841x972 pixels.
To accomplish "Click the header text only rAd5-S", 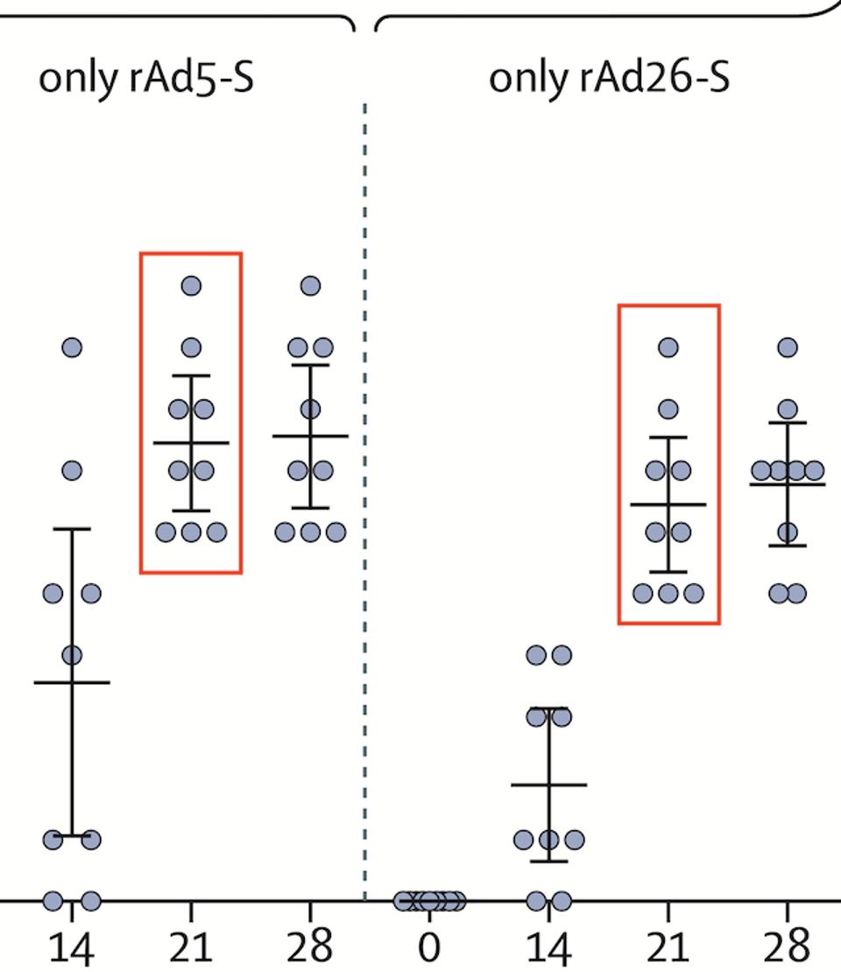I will pyautogui.click(x=146, y=78).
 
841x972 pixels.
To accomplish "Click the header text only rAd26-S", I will pyautogui.click(x=609, y=78).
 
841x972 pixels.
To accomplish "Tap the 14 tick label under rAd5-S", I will pyautogui.click(x=71, y=946).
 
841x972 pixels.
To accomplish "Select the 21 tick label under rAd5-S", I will pyautogui.click(x=190, y=946).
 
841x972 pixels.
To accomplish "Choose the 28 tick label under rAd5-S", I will pyautogui.click(x=310, y=946).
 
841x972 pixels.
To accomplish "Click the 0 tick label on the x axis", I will pyautogui.click(x=429, y=946).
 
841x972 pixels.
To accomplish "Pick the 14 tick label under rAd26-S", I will pyautogui.click(x=548, y=946).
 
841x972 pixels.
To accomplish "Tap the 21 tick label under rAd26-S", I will pyautogui.click(x=668, y=946).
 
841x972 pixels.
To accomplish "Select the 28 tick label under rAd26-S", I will pyautogui.click(x=788, y=946).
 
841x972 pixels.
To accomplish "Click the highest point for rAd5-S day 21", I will pyautogui.click(x=191, y=285).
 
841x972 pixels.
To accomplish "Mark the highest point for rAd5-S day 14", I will pyautogui.click(x=72, y=348).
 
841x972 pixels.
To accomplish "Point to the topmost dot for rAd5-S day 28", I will pyautogui.click(x=310, y=285).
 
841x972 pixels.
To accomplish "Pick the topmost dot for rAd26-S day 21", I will pyautogui.click(x=668, y=348).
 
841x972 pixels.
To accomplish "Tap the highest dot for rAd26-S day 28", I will pyautogui.click(x=788, y=348).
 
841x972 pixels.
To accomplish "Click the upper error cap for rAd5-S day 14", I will pyautogui.click(x=72, y=529).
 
